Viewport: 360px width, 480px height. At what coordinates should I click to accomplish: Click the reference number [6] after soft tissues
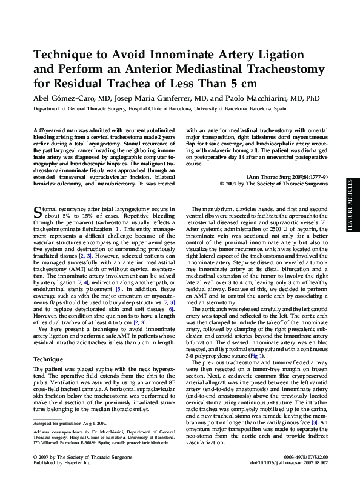pyautogui.click(x=172, y=309)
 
